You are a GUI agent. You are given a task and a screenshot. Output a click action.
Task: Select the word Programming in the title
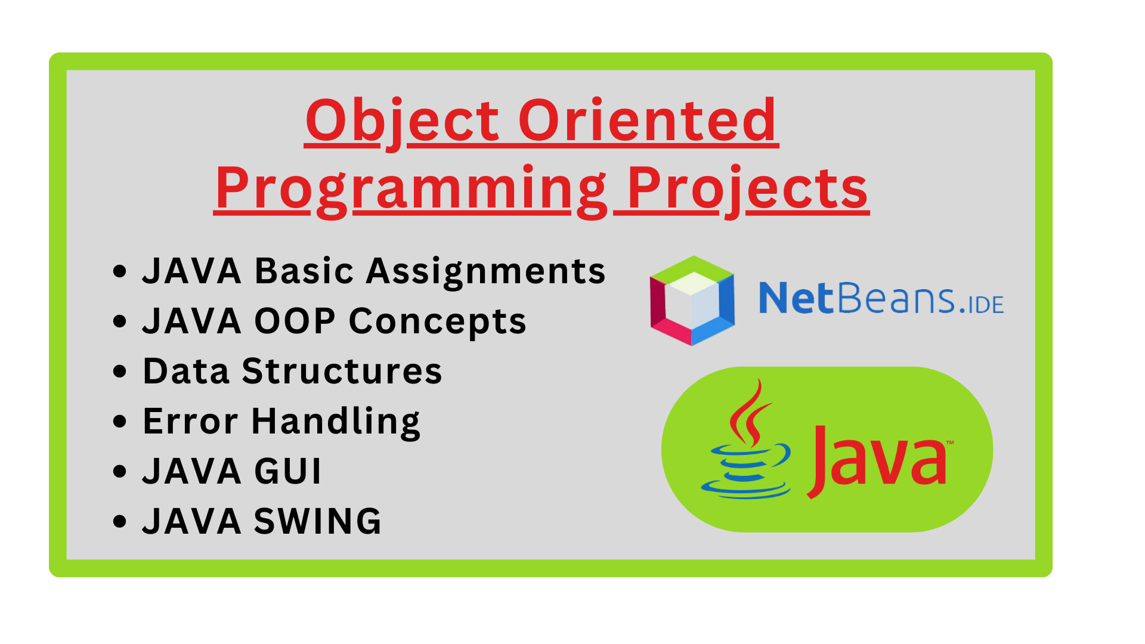411,190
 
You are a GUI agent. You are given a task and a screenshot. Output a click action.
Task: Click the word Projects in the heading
748,190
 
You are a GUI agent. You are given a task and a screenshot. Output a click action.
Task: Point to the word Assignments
485,272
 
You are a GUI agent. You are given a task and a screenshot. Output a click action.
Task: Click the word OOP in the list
295,321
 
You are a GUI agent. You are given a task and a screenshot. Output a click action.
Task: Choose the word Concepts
437,323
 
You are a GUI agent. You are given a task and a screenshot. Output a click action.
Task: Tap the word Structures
342,371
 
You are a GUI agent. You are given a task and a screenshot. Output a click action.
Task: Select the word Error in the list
190,422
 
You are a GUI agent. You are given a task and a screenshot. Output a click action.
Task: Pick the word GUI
288,472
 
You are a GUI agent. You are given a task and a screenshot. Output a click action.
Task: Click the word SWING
318,522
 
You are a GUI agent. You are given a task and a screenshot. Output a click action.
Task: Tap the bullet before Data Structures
120,371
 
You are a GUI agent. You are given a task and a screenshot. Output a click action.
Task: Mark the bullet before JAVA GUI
120,471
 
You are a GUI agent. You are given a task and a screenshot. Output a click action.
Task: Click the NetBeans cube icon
692,301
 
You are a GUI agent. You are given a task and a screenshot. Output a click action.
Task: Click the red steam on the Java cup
749,413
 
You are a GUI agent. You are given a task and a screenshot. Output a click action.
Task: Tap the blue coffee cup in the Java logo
747,471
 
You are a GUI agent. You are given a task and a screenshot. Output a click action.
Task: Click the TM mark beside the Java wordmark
950,442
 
